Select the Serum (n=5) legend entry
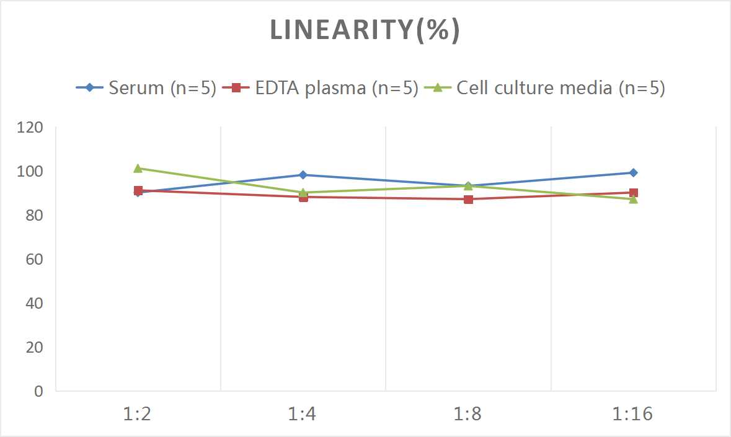pyautogui.click(x=146, y=88)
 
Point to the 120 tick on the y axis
pyautogui.click(x=30, y=128)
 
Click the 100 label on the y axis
pyautogui.click(x=30, y=172)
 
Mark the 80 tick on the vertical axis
pyautogui.click(x=34, y=216)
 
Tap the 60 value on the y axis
pyautogui.click(x=34, y=259)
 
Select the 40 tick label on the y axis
pyautogui.click(x=34, y=303)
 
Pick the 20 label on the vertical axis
pyautogui.click(x=34, y=347)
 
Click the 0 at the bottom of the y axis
pyautogui.click(x=38, y=391)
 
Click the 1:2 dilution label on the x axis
pyautogui.click(x=138, y=414)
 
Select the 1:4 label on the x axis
pyautogui.click(x=303, y=414)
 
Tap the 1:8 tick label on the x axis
pyautogui.click(x=468, y=414)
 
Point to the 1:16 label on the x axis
pyautogui.click(x=633, y=414)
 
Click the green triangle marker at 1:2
pyautogui.click(x=138, y=168)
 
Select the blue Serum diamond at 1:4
pyautogui.click(x=303, y=175)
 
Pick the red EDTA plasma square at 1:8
pyautogui.click(x=468, y=199)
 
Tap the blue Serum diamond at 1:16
pyautogui.click(x=634, y=173)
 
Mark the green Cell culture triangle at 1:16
pyautogui.click(x=634, y=199)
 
